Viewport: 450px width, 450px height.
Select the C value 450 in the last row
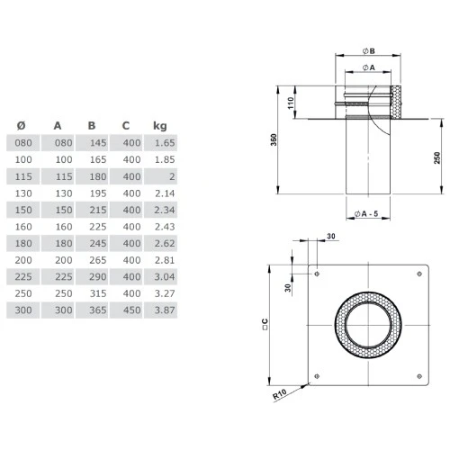(x=130, y=310)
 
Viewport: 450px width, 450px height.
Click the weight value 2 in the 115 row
(x=171, y=175)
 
